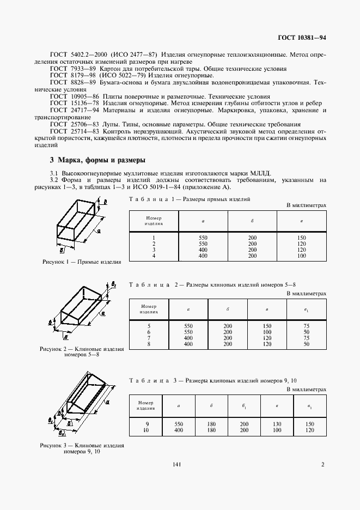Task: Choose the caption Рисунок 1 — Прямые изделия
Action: pyautogui.click(x=81, y=262)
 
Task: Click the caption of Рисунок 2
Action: pyautogui.click(x=81, y=351)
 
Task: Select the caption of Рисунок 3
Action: pyautogui.click(x=81, y=448)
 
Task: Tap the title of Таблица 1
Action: pyautogui.click(x=189, y=199)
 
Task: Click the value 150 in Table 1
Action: pyautogui.click(x=301, y=238)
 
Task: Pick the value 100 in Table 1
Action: pyautogui.click(x=301, y=256)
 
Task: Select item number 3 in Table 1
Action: pyautogui.click(x=154, y=250)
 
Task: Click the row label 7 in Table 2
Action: pyautogui.click(x=148, y=338)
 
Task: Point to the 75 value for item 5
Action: pyautogui.click(x=307, y=327)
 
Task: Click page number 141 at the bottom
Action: pyautogui.click(x=176, y=464)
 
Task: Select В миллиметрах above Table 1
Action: pyautogui.click(x=306, y=205)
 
